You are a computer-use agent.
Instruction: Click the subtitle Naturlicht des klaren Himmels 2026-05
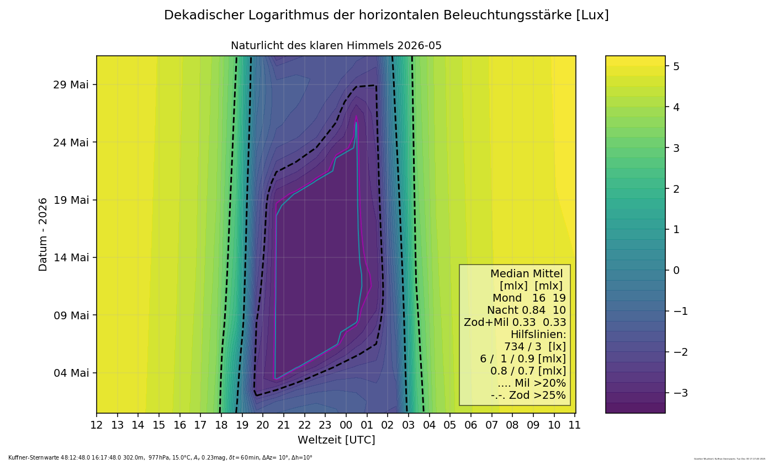tap(336, 46)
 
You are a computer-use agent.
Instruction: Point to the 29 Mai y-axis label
tap(71, 85)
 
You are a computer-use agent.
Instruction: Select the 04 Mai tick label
tap(71, 373)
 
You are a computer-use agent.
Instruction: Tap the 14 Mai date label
tap(71, 257)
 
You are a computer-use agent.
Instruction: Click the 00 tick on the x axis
tap(346, 425)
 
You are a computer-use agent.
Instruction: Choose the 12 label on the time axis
tap(97, 425)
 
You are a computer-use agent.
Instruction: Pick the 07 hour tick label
tap(491, 425)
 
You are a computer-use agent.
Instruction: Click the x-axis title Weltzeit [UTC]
tap(336, 440)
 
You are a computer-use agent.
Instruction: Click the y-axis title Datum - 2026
tap(43, 234)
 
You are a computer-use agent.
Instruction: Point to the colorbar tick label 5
tap(676, 66)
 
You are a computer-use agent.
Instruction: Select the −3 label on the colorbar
tap(679, 393)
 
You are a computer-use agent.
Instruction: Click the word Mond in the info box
tap(507, 298)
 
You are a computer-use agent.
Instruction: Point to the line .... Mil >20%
tap(532, 383)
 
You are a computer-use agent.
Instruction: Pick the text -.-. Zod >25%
tap(528, 396)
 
